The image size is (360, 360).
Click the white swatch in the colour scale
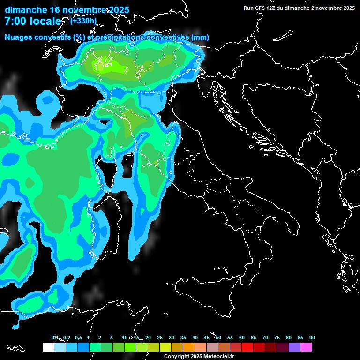pyautogui.click(x=48, y=347)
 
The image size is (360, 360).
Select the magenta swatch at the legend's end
pyautogui.click(x=306, y=347)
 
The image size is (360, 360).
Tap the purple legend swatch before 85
pyautogui.click(x=294, y=347)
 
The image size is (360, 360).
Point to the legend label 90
pyautogui.click(x=312, y=338)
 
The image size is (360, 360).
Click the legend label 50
pyautogui.click(x=218, y=338)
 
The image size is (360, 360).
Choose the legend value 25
pyautogui.click(x=160, y=338)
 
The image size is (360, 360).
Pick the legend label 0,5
pyautogui.click(x=78, y=338)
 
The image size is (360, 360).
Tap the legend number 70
pyautogui.click(x=265, y=338)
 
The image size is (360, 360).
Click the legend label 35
pyautogui.click(x=183, y=338)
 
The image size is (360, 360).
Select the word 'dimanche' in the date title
pyautogui.click(x=26, y=10)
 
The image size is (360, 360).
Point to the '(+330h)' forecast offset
pyautogui.click(x=83, y=21)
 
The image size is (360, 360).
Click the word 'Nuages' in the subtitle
pyautogui.click(x=19, y=37)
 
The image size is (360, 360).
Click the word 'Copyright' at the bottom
pyautogui.click(x=177, y=357)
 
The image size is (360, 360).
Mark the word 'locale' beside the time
pyautogui.click(x=46, y=22)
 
